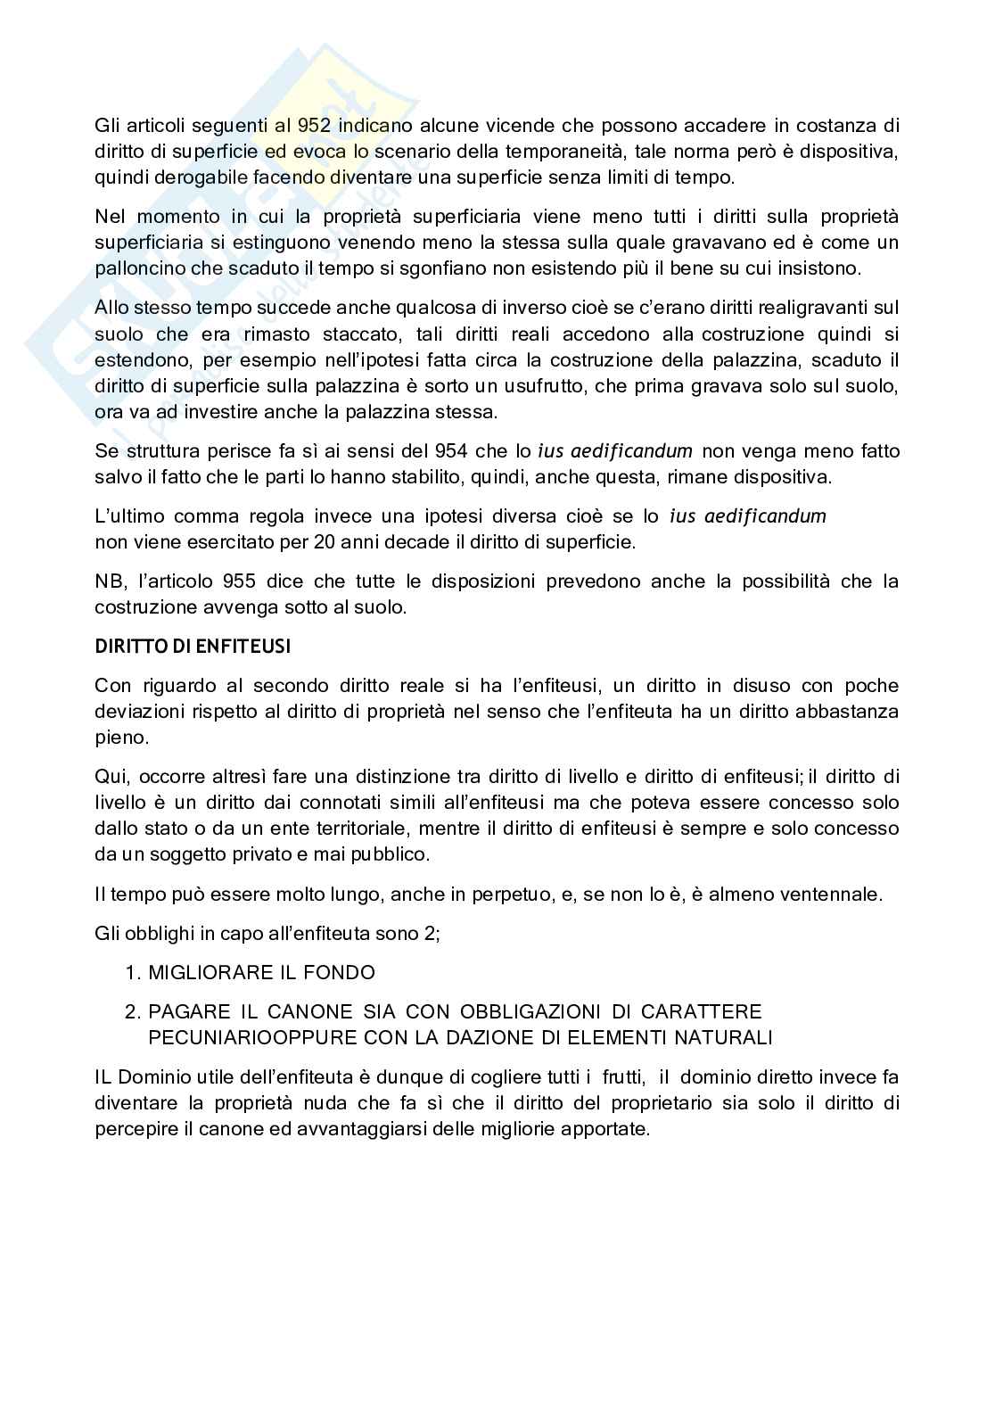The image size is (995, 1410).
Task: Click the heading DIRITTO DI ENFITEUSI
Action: [x=193, y=647]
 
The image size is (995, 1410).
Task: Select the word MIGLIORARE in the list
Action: [x=201, y=973]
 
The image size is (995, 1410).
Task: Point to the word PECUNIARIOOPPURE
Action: [x=236, y=1037]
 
